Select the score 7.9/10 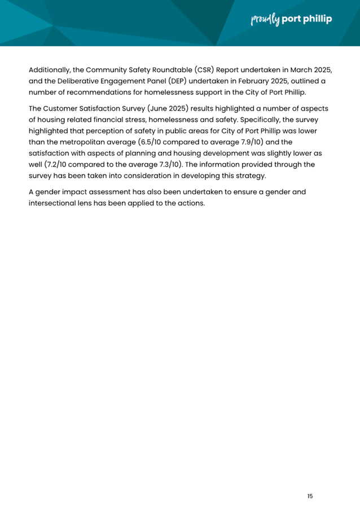(x=247, y=141)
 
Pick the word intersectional (x=57, y=203)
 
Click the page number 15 (x=310, y=496)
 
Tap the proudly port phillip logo (x=291, y=20)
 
